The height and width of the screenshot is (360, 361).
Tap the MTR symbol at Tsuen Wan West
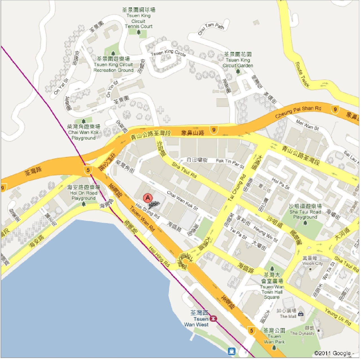pyautogui.click(x=214, y=318)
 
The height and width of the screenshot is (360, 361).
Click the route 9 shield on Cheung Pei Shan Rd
pyautogui.click(x=335, y=109)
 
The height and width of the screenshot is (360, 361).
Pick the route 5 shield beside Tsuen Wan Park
pyautogui.click(x=251, y=330)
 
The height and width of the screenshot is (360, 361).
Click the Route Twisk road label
pyautogui.click(x=302, y=75)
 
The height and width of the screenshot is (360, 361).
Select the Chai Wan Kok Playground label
pyautogui.click(x=83, y=132)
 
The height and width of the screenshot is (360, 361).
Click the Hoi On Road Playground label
pyautogui.click(x=83, y=193)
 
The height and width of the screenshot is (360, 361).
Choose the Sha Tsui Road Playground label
pyautogui.click(x=305, y=211)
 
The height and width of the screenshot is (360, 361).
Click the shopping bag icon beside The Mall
pyautogui.click(x=301, y=314)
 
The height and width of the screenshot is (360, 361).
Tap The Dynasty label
pyautogui.click(x=302, y=333)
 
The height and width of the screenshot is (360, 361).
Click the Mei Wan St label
pyautogui.click(x=307, y=125)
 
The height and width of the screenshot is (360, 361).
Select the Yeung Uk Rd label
pyautogui.click(x=338, y=317)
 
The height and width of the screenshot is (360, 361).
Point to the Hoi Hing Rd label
pyautogui.click(x=159, y=257)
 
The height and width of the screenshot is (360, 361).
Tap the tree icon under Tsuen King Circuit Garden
pyautogui.click(x=238, y=71)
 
